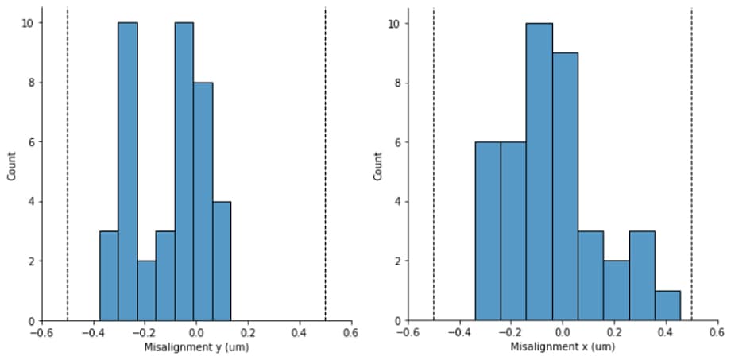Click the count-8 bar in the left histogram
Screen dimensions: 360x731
[x=203, y=202]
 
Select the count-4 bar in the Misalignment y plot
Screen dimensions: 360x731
[x=222, y=261]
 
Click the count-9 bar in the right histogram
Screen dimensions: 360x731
[x=565, y=187]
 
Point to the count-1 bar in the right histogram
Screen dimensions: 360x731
[x=667, y=306]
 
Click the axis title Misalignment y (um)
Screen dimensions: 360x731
[x=195, y=347]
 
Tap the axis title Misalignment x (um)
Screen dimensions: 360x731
[x=563, y=347]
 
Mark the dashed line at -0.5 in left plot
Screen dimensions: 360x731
[x=68, y=159]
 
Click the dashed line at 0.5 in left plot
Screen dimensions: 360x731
[x=326, y=159]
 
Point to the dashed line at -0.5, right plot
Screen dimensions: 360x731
[x=434, y=159]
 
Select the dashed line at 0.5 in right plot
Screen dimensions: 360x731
[x=691, y=159]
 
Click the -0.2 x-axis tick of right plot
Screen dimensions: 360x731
[x=509, y=333]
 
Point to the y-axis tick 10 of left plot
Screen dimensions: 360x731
[x=27, y=23]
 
